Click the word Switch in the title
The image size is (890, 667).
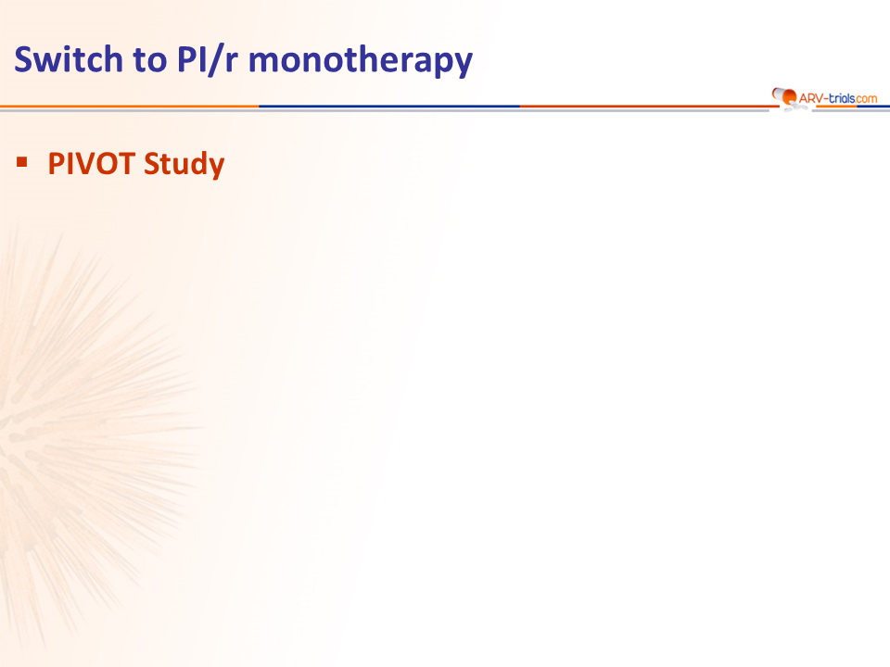pyautogui.click(x=68, y=59)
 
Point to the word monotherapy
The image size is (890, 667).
pyautogui.click(x=361, y=61)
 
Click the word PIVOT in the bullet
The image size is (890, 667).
pyautogui.click(x=92, y=164)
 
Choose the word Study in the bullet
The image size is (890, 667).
pyautogui.click(x=184, y=165)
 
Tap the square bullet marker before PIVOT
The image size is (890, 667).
pyautogui.click(x=22, y=163)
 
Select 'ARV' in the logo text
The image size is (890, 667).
pyautogui.click(x=810, y=99)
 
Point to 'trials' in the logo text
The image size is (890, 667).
pyautogui.click(x=842, y=98)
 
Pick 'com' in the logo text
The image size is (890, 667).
pyautogui.click(x=867, y=99)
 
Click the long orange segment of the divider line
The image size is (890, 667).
pyautogui.click(x=130, y=106)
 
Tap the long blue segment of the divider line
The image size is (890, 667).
pyautogui.click(x=389, y=106)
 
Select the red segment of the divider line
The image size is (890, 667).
pyautogui.click(x=648, y=106)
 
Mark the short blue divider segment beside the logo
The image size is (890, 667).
pyautogui.click(x=873, y=106)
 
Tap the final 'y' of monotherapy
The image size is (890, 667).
pyautogui.click(x=462, y=65)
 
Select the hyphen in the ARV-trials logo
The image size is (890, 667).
pyautogui.click(x=825, y=99)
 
